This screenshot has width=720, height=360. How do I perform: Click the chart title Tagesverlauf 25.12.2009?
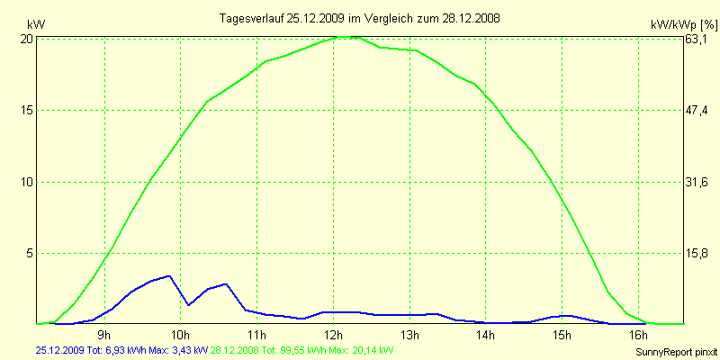[x=360, y=18]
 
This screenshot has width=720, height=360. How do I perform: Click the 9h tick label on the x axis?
[x=103, y=336]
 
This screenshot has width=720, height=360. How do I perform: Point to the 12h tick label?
[x=334, y=336]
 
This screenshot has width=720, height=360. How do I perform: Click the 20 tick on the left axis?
[x=27, y=39]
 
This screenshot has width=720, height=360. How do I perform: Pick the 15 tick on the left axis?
[x=27, y=110]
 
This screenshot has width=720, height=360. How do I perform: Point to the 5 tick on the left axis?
[x=30, y=253]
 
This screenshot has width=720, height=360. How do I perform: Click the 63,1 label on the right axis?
[x=697, y=39]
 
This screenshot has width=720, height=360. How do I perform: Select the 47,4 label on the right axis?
[x=697, y=110]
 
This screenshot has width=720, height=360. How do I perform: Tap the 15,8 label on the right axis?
[x=697, y=253]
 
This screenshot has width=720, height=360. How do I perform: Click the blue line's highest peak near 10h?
[x=168, y=275]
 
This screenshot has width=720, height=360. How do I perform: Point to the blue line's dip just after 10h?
[x=188, y=305]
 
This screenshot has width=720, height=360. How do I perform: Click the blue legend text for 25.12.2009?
[x=122, y=349]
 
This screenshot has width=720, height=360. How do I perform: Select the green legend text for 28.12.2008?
[x=301, y=349]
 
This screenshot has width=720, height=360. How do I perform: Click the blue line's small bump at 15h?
[x=563, y=315]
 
